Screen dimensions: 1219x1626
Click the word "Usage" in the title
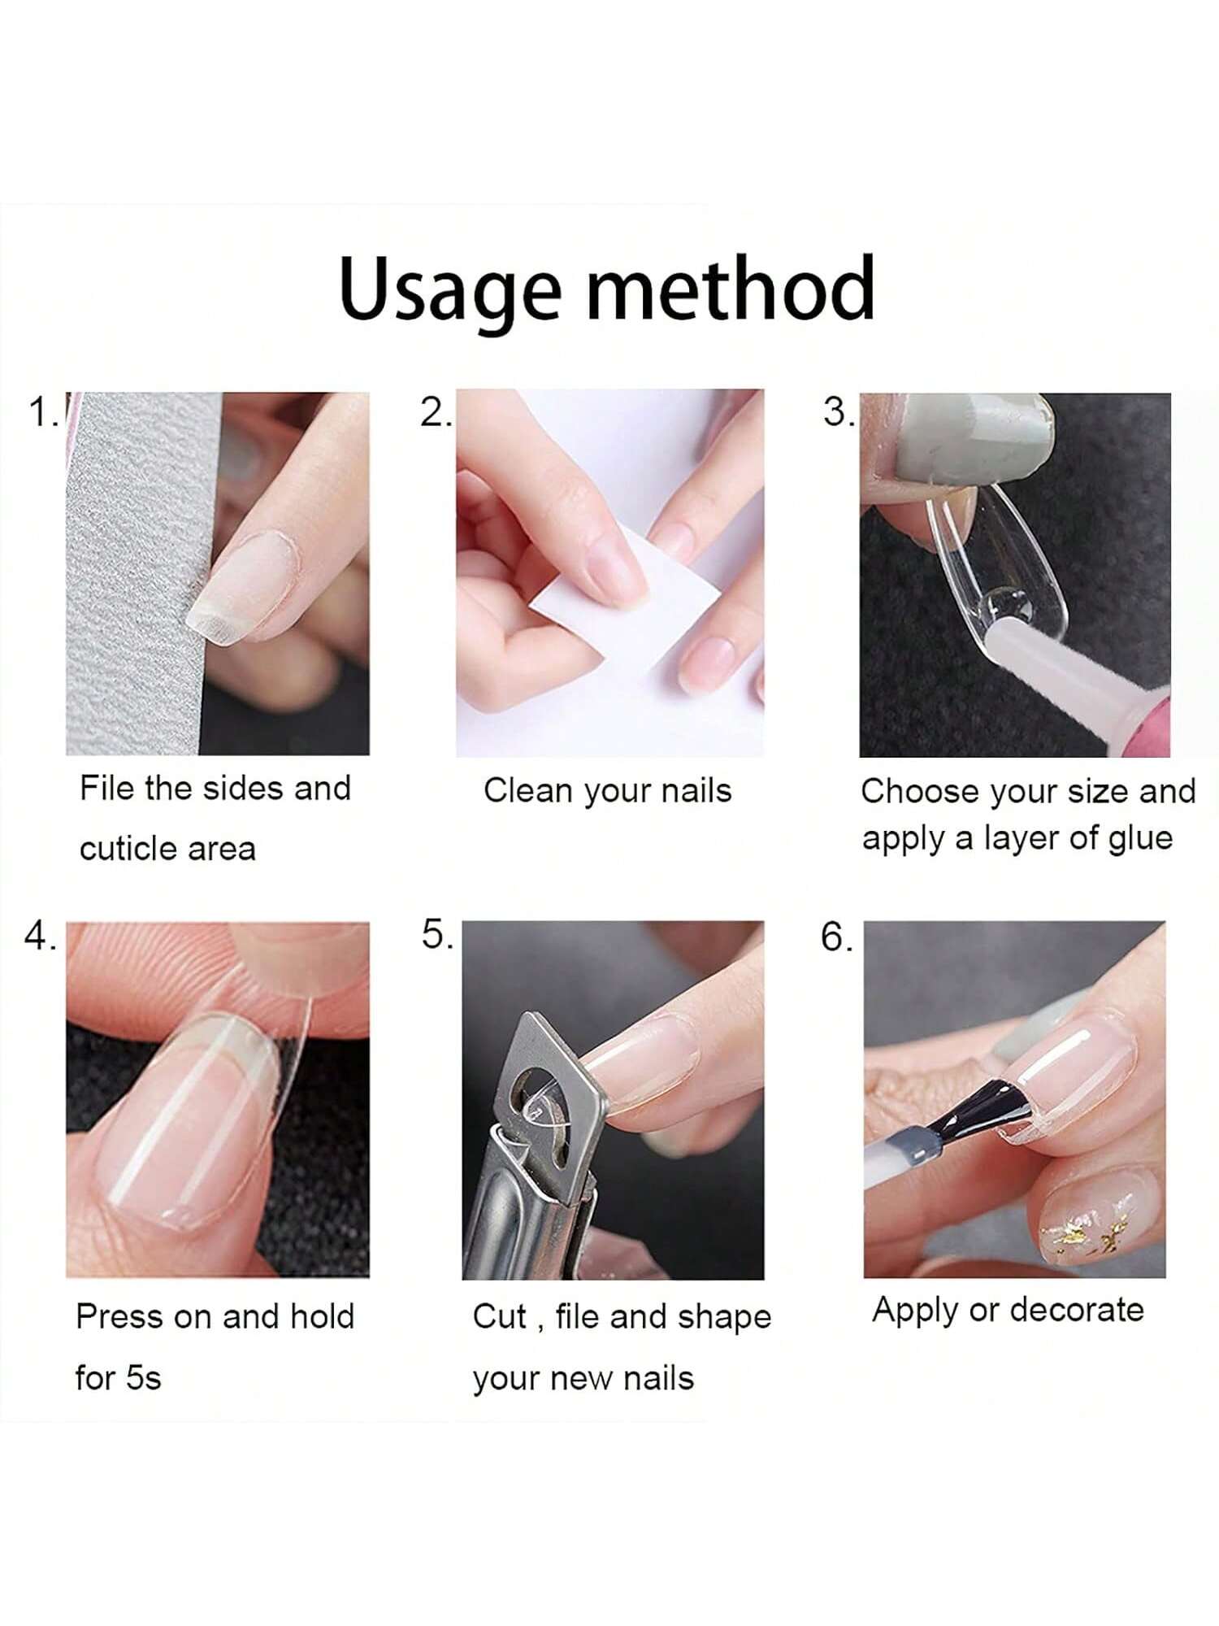pos(449,289)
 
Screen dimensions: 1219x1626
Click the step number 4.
pos(39,937)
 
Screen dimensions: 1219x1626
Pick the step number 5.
pos(436,934)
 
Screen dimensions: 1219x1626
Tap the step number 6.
pos(836,937)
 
